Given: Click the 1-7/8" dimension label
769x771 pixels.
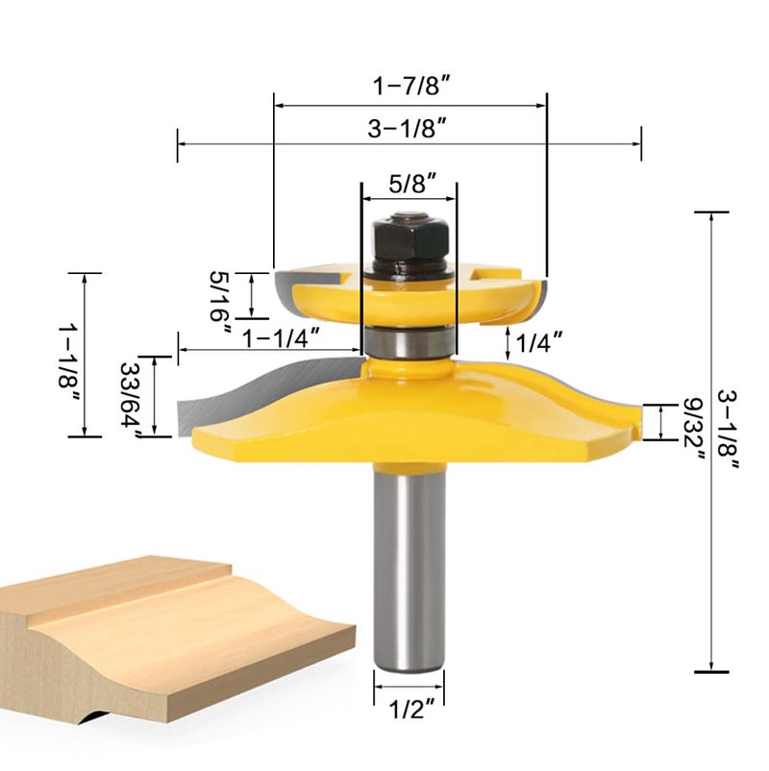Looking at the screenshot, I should (411, 85).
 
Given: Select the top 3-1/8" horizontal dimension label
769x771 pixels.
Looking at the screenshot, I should (409, 129).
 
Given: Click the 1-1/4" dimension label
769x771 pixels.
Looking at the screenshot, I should (281, 338).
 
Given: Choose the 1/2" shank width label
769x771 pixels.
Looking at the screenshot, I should (409, 713).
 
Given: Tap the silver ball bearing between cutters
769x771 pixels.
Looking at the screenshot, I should (409, 340).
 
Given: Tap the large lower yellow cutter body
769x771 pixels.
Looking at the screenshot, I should (409, 413).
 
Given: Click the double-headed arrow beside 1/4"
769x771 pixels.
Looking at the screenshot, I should (509, 340).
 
